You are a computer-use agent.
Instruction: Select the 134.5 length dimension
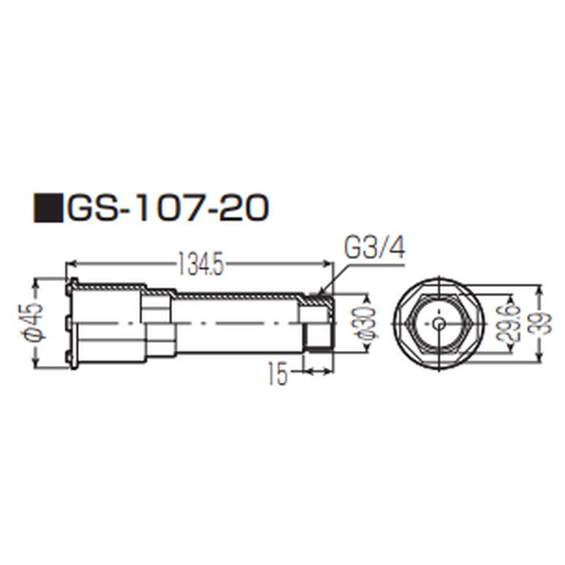pos(201,266)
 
